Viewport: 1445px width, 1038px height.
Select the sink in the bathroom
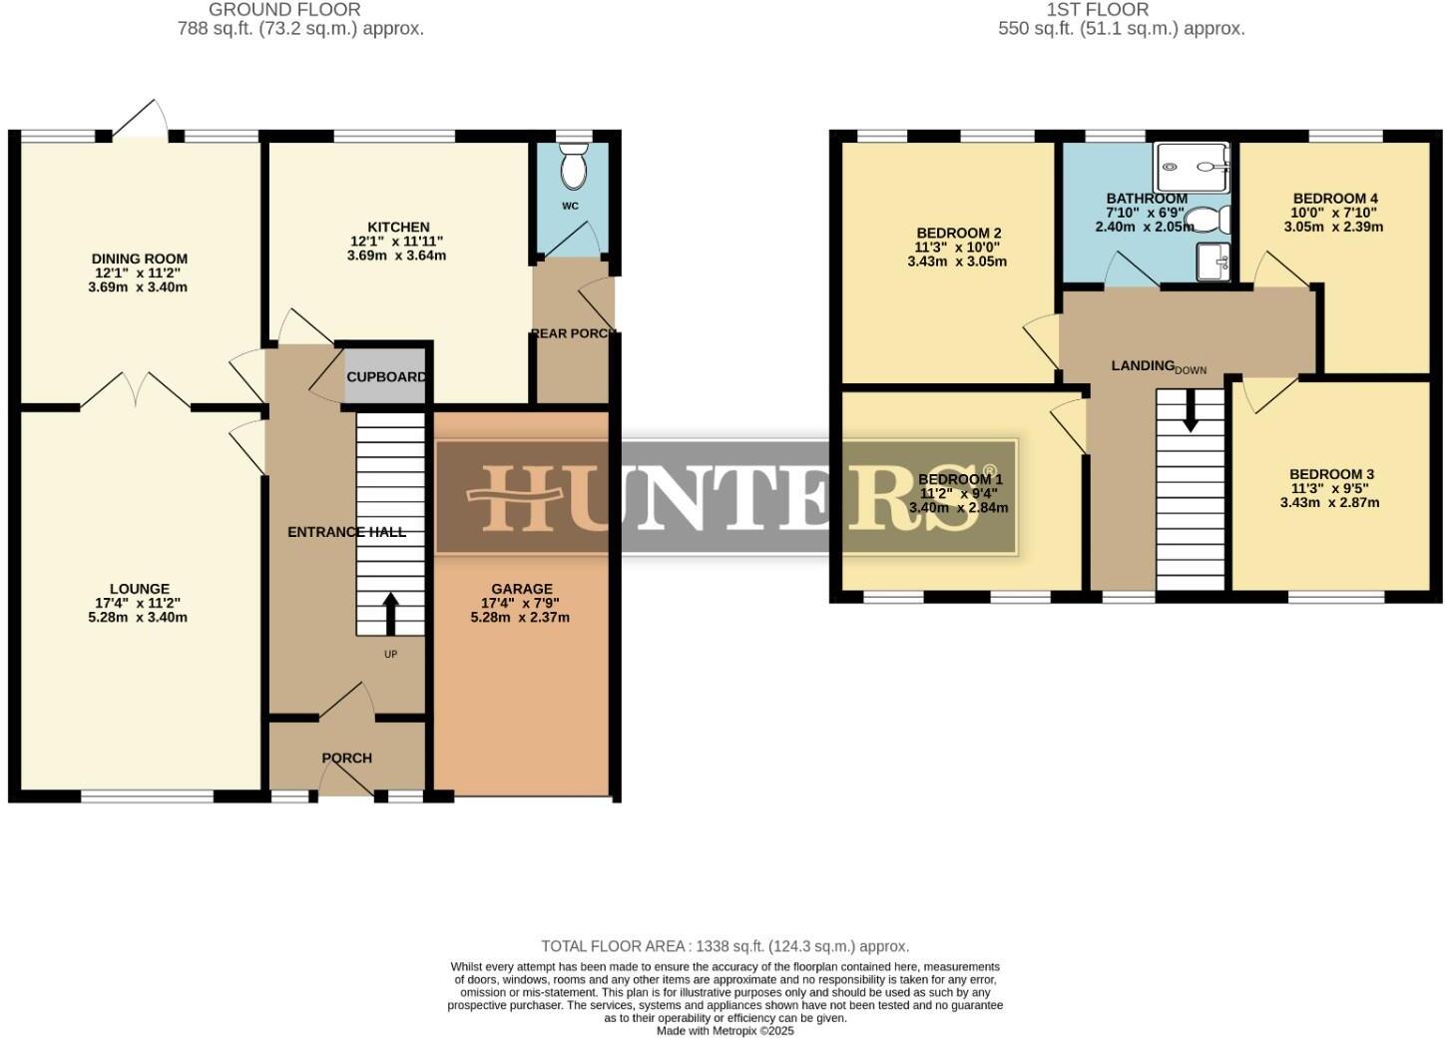tap(1213, 261)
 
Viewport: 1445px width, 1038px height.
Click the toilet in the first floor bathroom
tap(1205, 219)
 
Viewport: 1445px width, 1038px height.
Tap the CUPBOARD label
tap(386, 377)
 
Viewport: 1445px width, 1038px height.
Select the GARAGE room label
tap(521, 589)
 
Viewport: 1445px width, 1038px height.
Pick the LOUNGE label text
tap(140, 589)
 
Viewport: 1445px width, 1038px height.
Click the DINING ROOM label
tap(140, 259)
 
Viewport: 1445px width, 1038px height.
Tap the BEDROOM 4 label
tap(1334, 198)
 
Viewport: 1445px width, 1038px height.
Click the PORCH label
tap(347, 758)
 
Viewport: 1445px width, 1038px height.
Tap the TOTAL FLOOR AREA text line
tap(724, 946)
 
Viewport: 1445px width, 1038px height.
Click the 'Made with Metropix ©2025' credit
tap(724, 1031)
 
